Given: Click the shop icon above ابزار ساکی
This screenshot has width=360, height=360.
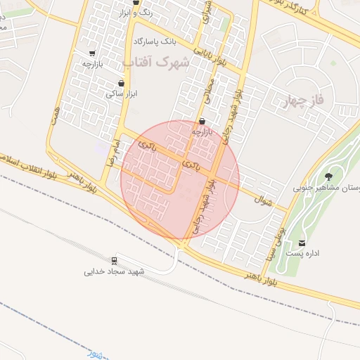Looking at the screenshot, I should coord(122,83).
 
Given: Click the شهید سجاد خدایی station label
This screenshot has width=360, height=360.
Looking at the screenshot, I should coord(115,271).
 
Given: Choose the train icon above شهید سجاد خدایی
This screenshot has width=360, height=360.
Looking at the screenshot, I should coord(114,260).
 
